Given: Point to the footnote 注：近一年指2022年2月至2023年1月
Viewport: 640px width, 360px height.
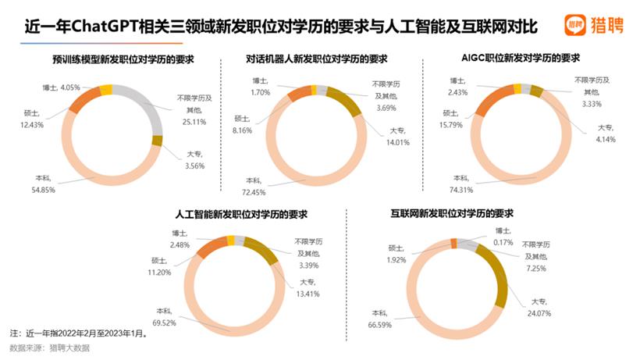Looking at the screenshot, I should click(x=79, y=331).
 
